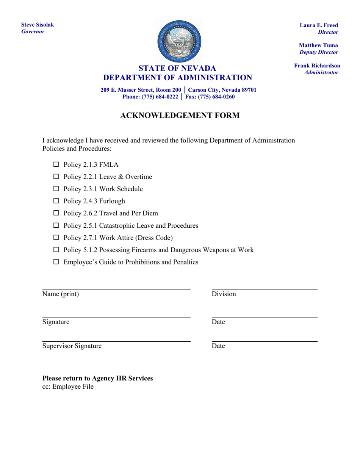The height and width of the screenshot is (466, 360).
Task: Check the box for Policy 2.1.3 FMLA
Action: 56,164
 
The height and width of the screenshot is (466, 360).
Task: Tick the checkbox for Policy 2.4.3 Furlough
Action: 56,201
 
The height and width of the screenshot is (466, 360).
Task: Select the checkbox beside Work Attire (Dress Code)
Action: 56,238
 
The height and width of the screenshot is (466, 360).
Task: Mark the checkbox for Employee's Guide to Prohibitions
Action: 56,262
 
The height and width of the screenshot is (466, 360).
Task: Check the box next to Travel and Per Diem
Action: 56,213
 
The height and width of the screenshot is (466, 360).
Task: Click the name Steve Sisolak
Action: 38,25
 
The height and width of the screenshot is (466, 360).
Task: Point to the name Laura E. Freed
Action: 319,25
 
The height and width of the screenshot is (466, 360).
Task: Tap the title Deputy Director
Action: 319,52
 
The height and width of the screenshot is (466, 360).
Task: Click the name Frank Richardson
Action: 317,66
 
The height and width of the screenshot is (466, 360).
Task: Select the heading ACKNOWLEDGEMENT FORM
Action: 180,116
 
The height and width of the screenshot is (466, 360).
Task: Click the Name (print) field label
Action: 61,294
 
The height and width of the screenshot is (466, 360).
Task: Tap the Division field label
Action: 224,294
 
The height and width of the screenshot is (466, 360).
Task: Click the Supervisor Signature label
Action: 72,346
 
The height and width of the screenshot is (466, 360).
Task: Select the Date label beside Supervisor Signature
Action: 218,346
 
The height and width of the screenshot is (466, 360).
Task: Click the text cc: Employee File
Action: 68,387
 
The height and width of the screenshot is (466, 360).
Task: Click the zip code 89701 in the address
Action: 248,90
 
